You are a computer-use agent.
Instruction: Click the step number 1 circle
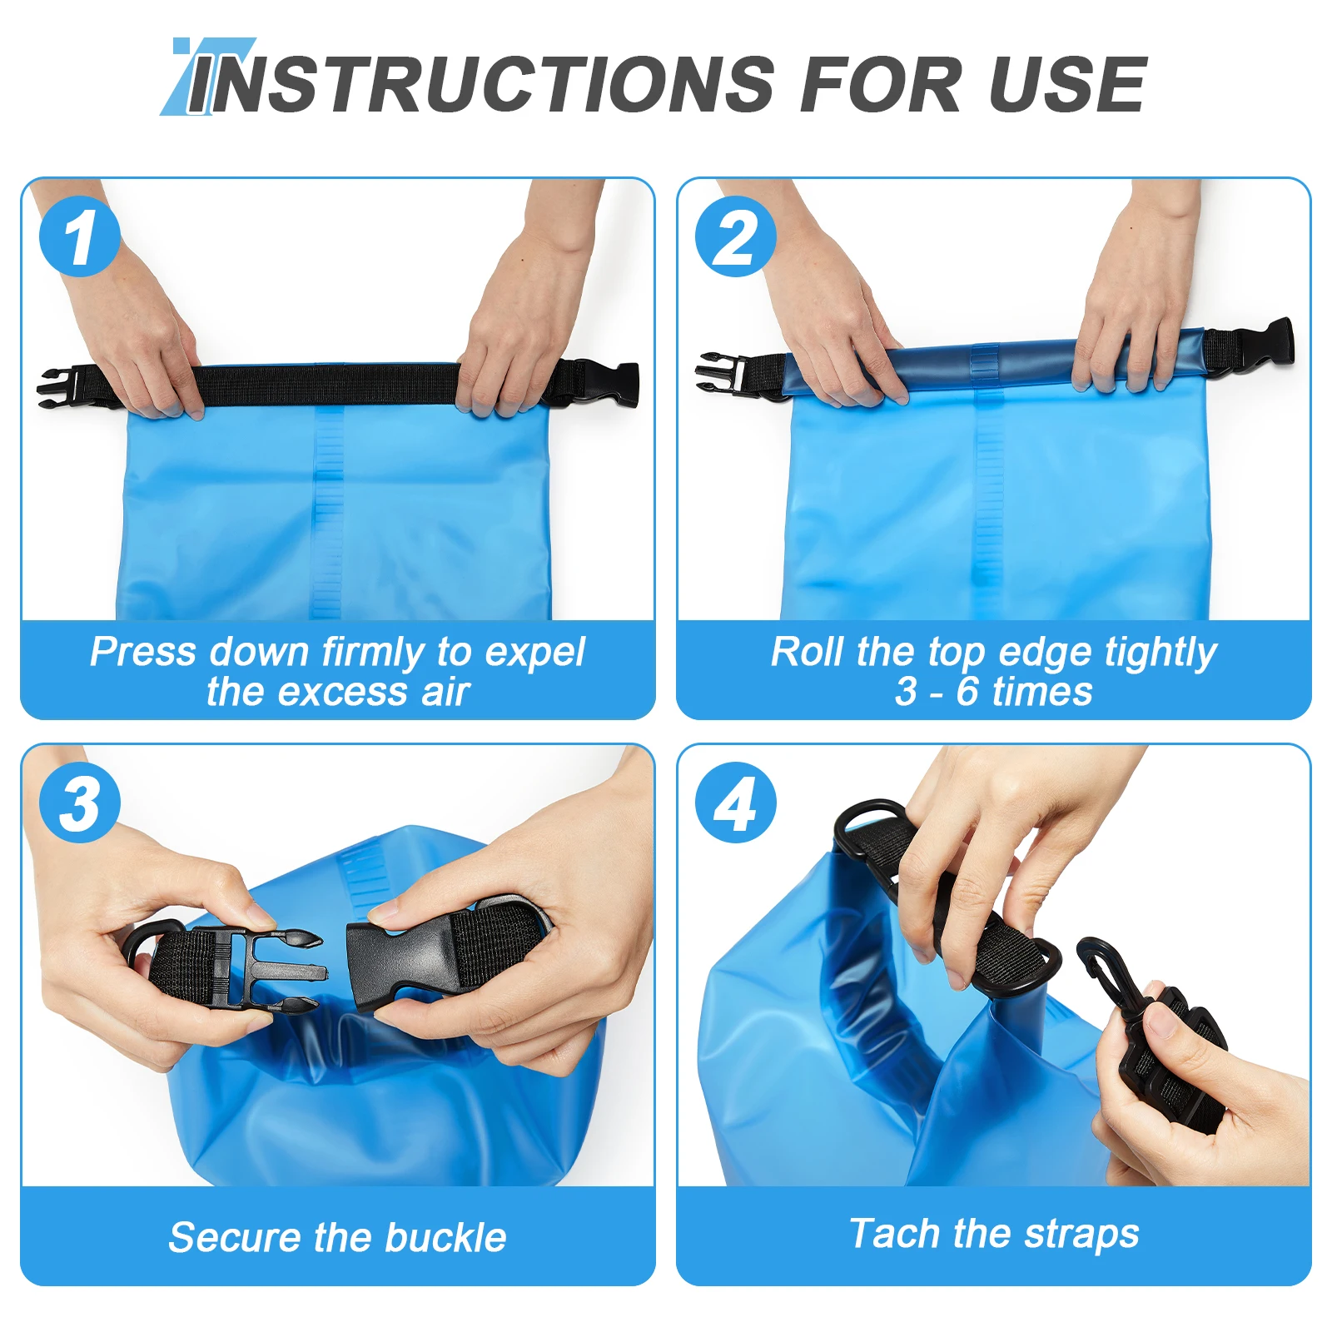tap(80, 237)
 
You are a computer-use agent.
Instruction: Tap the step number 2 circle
tap(736, 237)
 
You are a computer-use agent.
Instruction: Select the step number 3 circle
tap(80, 803)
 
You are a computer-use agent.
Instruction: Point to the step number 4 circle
tap(736, 803)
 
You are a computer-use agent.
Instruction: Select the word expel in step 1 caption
tap(535, 653)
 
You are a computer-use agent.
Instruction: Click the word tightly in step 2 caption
tap(1161, 653)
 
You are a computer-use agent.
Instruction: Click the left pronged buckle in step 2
tap(720, 371)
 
